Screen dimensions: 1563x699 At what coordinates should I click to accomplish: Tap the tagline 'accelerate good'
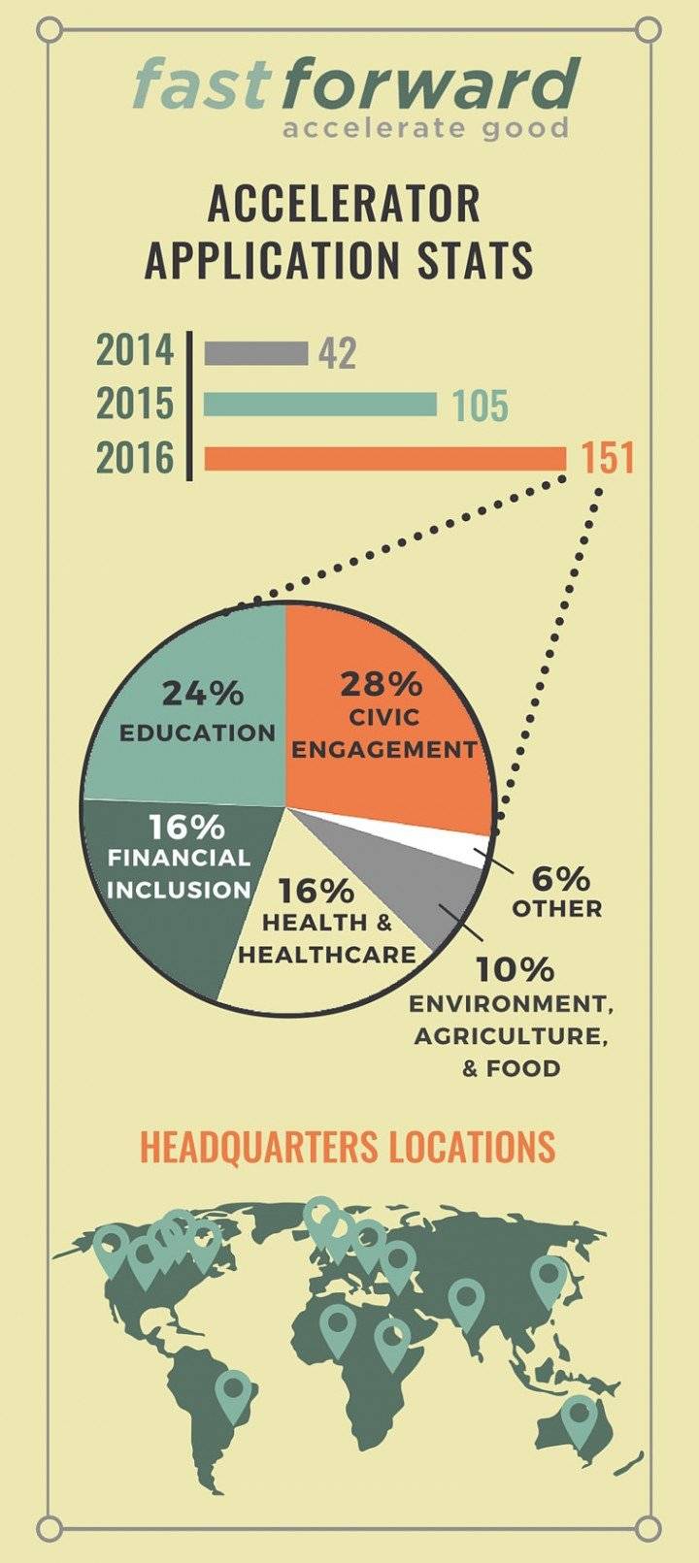[x=425, y=128]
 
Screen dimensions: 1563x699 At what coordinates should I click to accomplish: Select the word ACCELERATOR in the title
[x=344, y=205]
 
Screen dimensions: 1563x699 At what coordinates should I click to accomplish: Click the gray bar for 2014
[x=256, y=353]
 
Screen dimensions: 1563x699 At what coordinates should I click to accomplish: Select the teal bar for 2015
[x=320, y=404]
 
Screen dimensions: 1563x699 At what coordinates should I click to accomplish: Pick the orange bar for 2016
[x=385, y=458]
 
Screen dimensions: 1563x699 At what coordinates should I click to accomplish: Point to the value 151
[x=607, y=458]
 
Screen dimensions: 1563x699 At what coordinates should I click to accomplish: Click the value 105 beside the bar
[x=481, y=406]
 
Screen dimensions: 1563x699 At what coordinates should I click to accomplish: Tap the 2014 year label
[x=135, y=351]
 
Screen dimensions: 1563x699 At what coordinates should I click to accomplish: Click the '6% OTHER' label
[x=558, y=892]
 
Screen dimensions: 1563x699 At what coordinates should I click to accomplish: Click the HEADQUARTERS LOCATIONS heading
[x=348, y=1146]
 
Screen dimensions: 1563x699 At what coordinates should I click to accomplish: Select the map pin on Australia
[x=580, y=1418]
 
